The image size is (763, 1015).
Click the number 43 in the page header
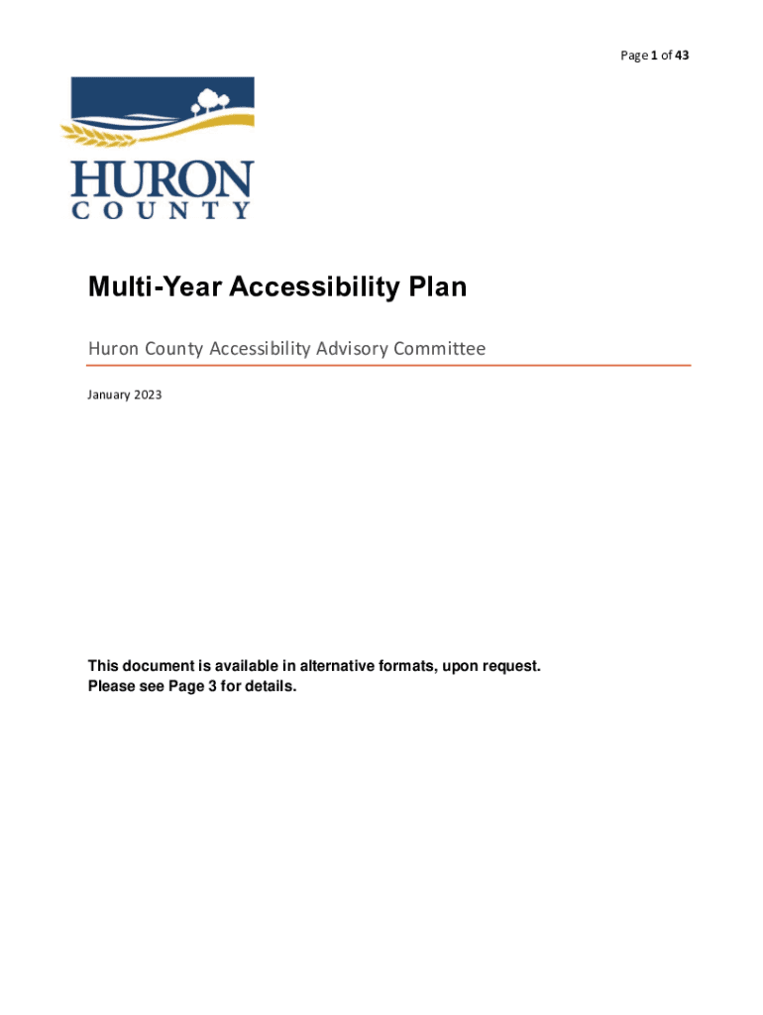click(x=682, y=56)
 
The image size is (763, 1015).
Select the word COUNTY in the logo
click(x=163, y=210)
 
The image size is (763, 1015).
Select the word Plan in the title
click(x=437, y=288)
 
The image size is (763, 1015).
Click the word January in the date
click(x=108, y=395)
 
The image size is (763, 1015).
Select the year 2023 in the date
click(x=147, y=395)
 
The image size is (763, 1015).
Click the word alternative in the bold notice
click(x=340, y=666)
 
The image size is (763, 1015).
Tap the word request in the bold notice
click(x=511, y=666)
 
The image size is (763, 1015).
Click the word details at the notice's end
click(x=271, y=686)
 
